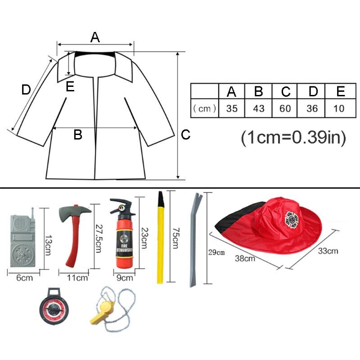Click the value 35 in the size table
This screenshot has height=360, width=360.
point(232,108)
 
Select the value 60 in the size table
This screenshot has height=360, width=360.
point(286,108)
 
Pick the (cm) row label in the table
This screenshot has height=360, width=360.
point(205,108)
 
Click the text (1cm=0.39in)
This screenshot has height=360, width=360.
point(293,138)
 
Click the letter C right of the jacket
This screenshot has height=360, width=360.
point(186,135)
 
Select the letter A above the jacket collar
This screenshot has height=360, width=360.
point(94,37)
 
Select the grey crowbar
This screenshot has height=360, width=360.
point(193,238)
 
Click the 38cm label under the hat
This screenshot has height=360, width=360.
point(245,258)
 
